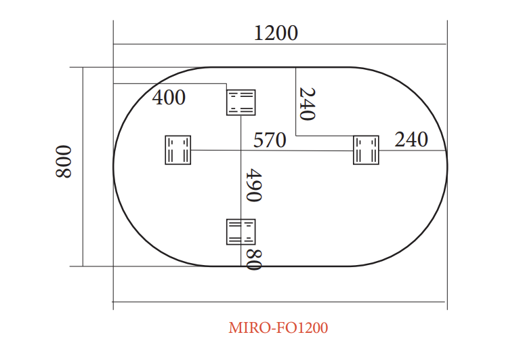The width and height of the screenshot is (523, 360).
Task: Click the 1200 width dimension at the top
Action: tap(276, 33)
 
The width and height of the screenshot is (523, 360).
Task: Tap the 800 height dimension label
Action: tap(64, 161)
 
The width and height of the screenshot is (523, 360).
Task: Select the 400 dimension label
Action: tap(169, 98)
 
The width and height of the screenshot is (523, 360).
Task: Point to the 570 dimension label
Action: tap(270, 140)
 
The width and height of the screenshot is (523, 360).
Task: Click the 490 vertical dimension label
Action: tap(254, 185)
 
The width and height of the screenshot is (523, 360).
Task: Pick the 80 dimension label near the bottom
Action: tap(254, 260)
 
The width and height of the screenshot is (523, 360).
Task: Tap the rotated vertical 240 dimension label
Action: tap(307, 104)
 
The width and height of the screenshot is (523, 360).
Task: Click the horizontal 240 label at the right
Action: tap(411, 140)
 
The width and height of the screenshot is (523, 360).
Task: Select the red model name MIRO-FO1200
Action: tap(278, 327)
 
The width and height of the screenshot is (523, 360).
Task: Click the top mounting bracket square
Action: tap(240, 102)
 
